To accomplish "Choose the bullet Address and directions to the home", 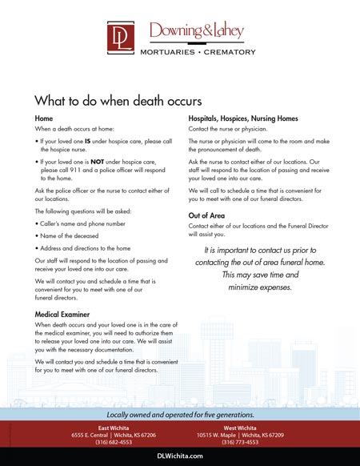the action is coord(85,250).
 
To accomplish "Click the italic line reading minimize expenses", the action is coord(256,287).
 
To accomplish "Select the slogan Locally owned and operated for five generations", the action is coord(180,415).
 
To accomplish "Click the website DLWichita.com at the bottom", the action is coord(180,456).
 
